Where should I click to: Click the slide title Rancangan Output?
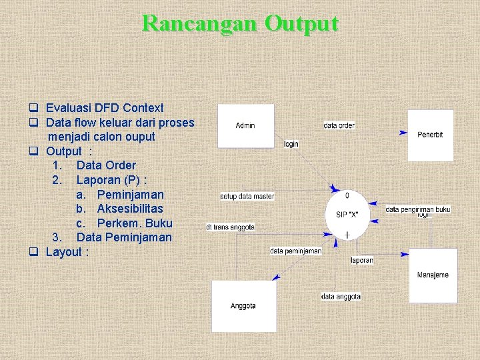[x=240, y=24]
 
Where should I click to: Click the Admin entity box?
[x=245, y=125]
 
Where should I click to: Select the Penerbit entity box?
[x=430, y=135]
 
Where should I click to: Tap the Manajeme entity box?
[x=433, y=275]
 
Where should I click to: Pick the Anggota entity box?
[x=243, y=306]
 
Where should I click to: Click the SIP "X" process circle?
[x=347, y=214]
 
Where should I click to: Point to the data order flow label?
[x=339, y=125]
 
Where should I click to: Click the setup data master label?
[x=247, y=196]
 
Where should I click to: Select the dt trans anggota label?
[x=230, y=227]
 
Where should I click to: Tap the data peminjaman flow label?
[x=296, y=251]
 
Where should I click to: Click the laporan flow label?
[x=361, y=260]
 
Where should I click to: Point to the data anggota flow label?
[x=341, y=297]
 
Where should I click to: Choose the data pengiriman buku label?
[x=418, y=209]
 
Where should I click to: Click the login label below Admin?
[x=291, y=144]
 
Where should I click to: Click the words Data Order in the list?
[x=106, y=165]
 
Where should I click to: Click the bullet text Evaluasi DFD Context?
[x=105, y=108]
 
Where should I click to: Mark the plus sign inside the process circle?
[x=347, y=235]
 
